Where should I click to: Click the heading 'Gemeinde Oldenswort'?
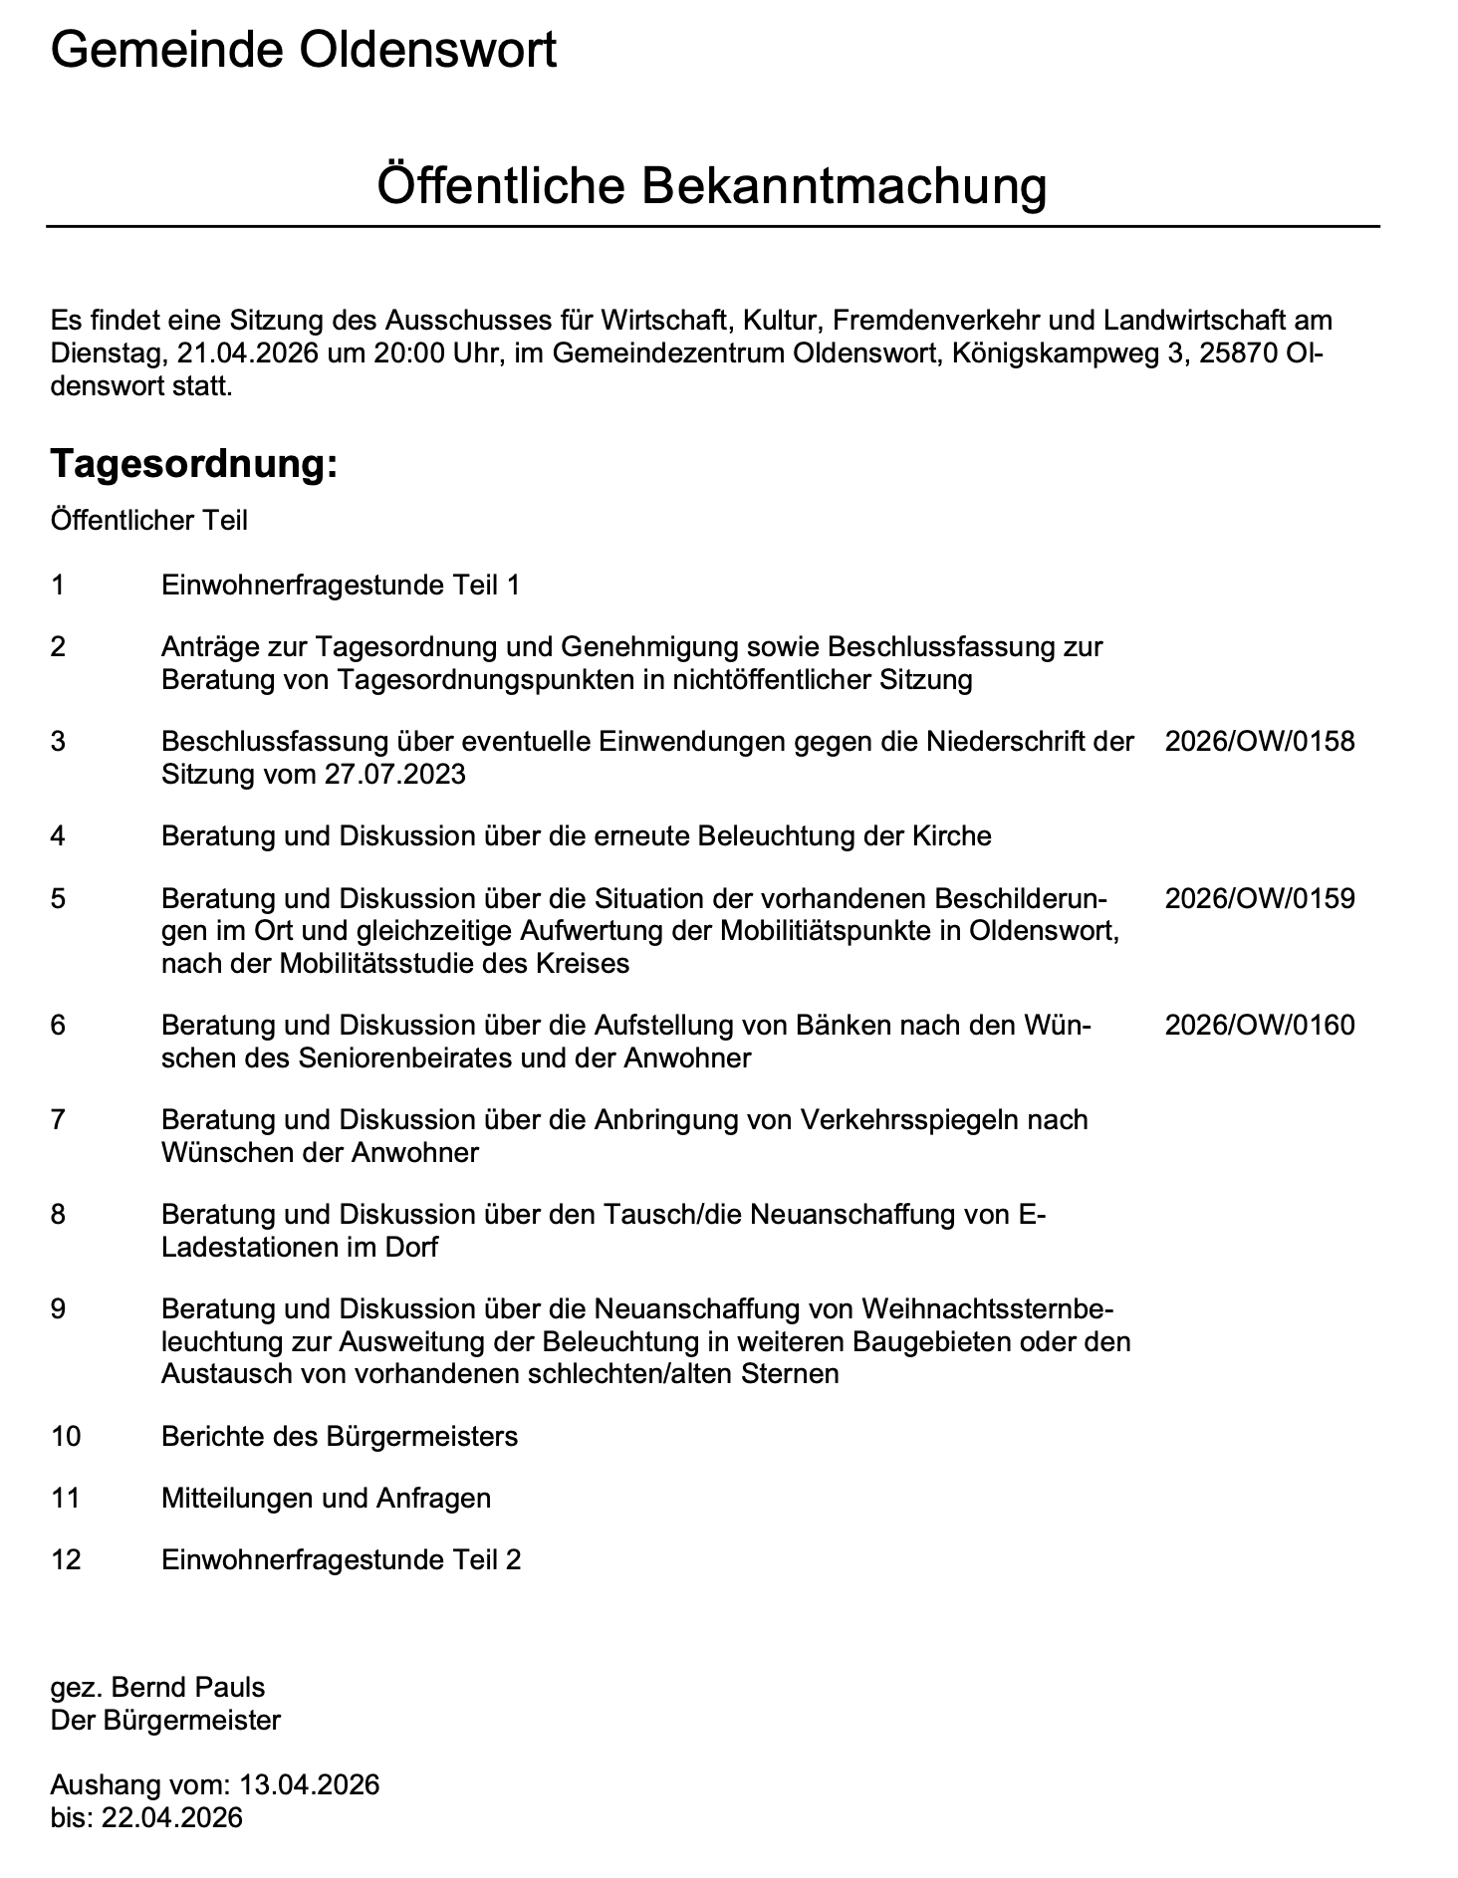pos(304,50)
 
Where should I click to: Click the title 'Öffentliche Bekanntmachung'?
pos(712,186)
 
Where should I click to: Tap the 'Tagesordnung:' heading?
pos(194,463)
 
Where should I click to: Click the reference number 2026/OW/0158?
pos(1260,741)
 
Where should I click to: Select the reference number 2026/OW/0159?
pos(1260,898)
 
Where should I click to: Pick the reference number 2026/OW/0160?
pos(1260,1025)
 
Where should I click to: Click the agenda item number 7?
pos(58,1119)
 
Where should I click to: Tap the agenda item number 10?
pos(66,1436)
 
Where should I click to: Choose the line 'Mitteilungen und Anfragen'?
pos(326,1498)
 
